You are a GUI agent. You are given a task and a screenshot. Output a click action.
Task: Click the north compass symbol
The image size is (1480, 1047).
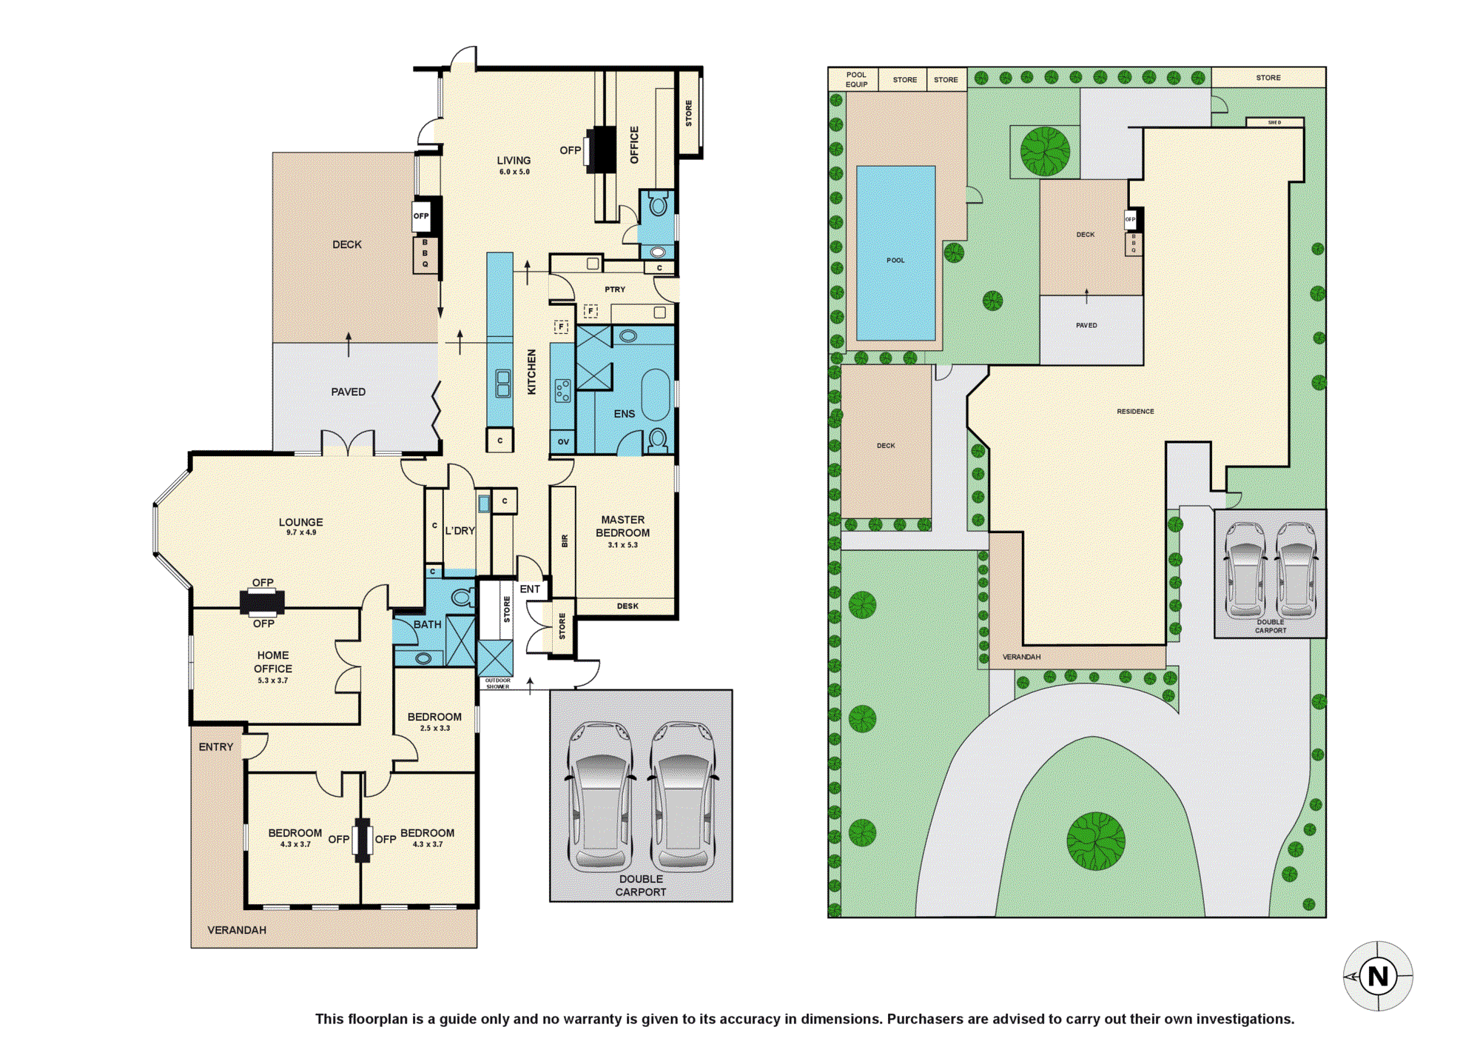(x=1378, y=976)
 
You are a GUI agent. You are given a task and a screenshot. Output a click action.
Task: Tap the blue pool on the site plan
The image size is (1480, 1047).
(x=895, y=253)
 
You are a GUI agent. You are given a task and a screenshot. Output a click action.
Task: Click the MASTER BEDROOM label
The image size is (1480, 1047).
(x=623, y=526)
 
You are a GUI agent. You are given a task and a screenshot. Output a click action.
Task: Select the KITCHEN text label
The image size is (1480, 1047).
(x=531, y=372)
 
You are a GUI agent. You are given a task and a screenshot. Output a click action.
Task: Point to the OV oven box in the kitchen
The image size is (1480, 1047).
(x=563, y=441)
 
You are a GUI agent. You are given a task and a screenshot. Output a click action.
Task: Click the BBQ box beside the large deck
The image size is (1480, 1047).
(x=425, y=254)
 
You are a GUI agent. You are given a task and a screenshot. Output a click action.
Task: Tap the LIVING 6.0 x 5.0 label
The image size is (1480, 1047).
(x=514, y=165)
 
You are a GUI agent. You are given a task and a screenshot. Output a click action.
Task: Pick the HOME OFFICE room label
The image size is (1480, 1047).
(x=273, y=662)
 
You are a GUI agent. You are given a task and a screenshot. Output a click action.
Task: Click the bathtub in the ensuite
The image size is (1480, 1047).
(x=656, y=395)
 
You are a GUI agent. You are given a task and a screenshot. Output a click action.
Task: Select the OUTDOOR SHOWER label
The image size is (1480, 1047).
(x=498, y=683)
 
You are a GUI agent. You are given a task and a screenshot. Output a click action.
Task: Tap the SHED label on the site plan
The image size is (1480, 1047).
(x=1274, y=122)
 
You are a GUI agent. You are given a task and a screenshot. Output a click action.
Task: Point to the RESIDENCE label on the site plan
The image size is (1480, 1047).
(x=1135, y=411)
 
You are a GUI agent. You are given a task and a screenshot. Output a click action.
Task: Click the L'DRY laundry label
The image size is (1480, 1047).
(x=460, y=531)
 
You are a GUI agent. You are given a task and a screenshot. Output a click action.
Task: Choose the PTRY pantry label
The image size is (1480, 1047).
(x=615, y=290)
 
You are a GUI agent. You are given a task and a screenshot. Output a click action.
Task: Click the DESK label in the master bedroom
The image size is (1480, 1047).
(x=628, y=606)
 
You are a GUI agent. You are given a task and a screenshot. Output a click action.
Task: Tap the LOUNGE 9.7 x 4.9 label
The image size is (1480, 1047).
(x=301, y=526)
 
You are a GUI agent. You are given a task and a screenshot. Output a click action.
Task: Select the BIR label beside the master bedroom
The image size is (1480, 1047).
(x=565, y=541)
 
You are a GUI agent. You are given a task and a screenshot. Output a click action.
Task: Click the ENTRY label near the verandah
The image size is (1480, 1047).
(x=216, y=747)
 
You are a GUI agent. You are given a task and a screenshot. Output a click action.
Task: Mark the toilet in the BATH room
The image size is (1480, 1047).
(x=462, y=596)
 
